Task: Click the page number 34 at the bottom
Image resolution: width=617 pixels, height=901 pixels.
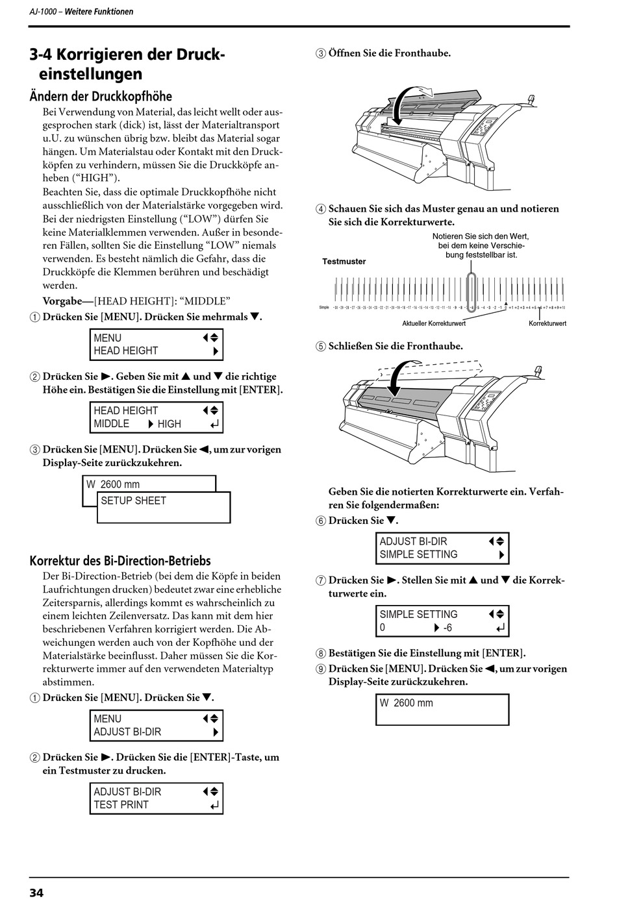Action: [36, 893]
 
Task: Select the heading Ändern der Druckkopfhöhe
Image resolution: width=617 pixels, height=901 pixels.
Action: [101, 96]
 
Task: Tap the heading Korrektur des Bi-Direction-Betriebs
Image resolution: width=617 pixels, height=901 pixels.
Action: [120, 561]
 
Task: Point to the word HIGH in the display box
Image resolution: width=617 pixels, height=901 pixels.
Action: [169, 424]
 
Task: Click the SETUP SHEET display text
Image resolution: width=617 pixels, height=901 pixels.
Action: [133, 500]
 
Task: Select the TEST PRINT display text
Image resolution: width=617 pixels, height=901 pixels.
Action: [121, 805]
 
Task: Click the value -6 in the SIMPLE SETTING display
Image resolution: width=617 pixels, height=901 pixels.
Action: [447, 628]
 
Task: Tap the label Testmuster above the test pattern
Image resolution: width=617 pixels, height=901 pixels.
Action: [344, 262]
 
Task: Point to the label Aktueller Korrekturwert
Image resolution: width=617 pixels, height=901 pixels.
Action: [433, 323]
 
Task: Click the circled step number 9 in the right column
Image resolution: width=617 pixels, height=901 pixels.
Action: [321, 669]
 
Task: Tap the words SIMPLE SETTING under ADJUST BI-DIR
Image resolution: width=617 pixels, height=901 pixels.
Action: [418, 554]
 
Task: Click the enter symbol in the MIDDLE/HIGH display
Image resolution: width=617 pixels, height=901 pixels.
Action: [215, 425]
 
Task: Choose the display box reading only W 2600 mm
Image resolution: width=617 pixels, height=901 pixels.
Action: [442, 709]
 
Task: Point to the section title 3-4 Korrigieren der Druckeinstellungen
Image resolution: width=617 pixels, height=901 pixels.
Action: [127, 64]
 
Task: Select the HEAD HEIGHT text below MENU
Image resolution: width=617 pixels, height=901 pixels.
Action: [125, 351]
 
